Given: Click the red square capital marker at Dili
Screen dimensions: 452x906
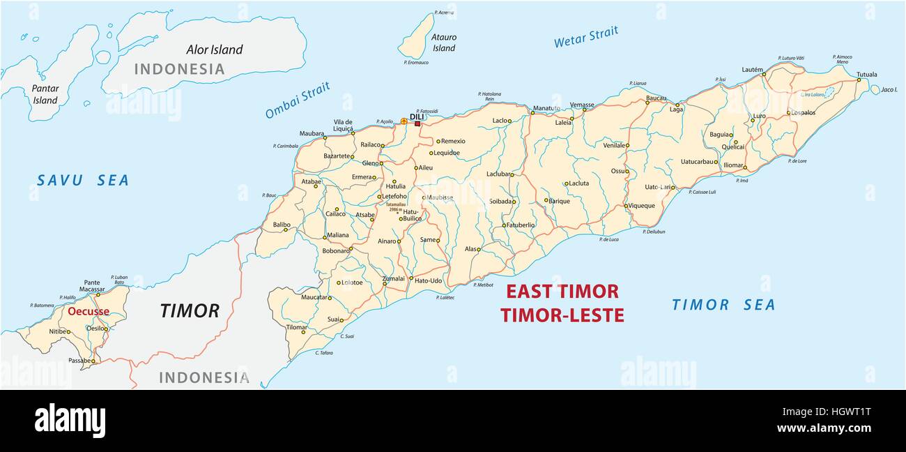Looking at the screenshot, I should click(417, 123).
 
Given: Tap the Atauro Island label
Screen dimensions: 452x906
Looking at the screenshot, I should click(444, 43).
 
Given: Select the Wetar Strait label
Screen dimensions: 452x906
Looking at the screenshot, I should click(586, 37).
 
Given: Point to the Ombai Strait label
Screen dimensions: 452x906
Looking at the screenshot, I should click(298, 100).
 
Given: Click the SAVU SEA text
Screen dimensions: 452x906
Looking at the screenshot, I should click(83, 181).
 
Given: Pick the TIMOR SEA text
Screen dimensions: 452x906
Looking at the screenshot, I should click(723, 305).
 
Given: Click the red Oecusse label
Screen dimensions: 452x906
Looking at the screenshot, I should click(89, 311).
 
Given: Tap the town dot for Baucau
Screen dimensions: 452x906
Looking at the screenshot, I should click(647, 103).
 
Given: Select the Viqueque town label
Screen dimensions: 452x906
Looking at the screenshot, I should click(642, 206).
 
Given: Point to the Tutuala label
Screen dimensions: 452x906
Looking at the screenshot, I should click(866, 74).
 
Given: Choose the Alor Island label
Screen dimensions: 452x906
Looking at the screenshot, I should click(215, 50).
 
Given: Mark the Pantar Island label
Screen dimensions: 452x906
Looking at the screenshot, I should click(45, 94).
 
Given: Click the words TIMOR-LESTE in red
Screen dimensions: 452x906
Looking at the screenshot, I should click(562, 315).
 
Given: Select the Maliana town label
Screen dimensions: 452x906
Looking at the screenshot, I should click(338, 235).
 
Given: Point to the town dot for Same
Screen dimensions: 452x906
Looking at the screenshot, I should click(438, 241).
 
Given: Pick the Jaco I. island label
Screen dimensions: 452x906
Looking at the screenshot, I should click(889, 89).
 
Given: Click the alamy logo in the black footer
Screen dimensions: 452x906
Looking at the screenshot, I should click(70, 421).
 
